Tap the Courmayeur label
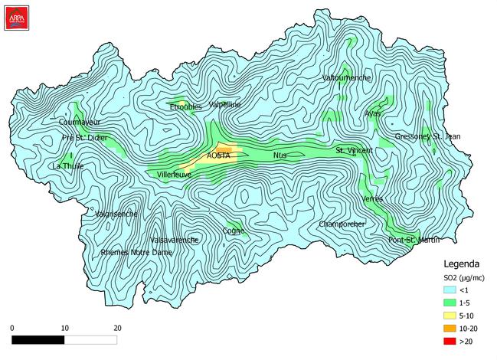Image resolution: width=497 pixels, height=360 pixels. (80, 122)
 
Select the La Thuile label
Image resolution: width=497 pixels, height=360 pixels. (67, 165)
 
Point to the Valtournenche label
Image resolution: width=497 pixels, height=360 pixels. (347, 78)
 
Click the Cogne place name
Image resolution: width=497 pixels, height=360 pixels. (234, 231)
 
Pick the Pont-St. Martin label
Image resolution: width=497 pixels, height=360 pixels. (414, 240)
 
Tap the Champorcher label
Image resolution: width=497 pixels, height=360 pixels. (342, 224)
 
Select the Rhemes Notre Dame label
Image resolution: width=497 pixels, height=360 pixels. (136, 252)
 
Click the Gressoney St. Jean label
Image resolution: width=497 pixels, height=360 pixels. (428, 136)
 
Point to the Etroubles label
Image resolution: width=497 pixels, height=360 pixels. (185, 106)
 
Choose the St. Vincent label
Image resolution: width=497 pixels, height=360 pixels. (354, 151)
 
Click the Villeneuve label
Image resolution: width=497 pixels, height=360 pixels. (175, 175)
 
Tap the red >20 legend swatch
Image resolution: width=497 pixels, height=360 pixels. (450, 341)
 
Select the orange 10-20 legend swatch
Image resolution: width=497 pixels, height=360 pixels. (450, 328)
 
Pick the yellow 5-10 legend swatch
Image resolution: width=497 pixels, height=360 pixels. (450, 315)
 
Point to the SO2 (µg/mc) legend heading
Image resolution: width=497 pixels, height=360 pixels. (464, 277)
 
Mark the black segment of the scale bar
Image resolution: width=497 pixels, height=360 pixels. (38, 339)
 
